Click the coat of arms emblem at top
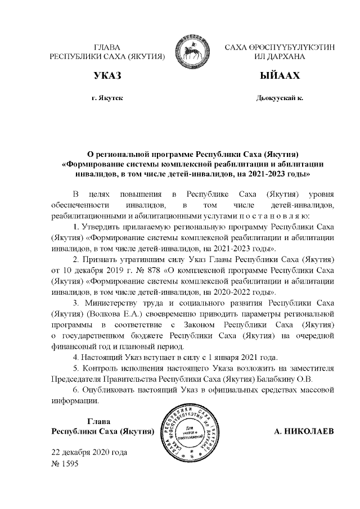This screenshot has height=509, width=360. [x=195, y=52]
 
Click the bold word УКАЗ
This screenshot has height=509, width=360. [x=107, y=75]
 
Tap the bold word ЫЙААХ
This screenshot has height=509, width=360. [x=280, y=75]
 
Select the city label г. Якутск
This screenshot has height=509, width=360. [x=107, y=98]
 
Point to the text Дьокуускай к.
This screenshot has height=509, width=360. [x=280, y=98]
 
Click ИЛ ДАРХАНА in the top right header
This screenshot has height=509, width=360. [x=280, y=57]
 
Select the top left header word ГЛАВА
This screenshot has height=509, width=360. [x=107, y=47]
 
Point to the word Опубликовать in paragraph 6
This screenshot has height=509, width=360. [x=110, y=390]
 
